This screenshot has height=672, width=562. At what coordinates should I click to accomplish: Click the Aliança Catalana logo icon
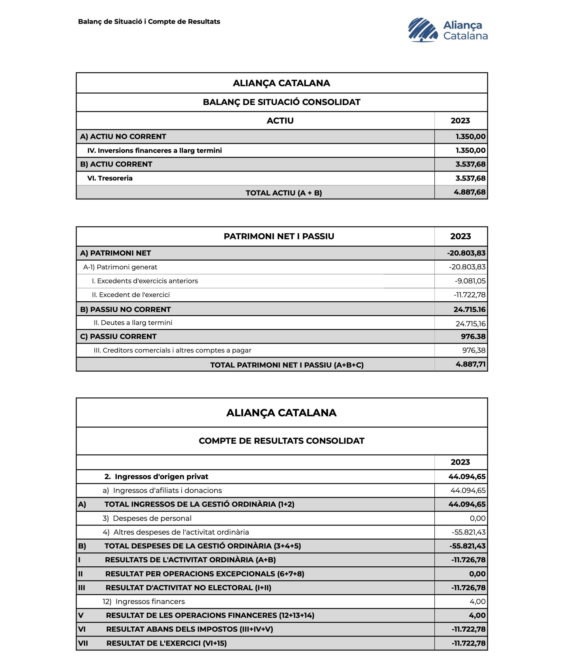coord(423,30)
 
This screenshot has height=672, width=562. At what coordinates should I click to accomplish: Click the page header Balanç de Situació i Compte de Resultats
coord(149,22)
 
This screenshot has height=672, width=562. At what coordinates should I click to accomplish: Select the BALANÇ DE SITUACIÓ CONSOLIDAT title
coord(281,102)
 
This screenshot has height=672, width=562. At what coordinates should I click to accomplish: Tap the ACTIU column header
coord(280,121)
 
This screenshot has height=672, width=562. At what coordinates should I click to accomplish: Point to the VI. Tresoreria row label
coord(110,178)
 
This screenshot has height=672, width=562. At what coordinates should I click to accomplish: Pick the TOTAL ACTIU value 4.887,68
coord(469,192)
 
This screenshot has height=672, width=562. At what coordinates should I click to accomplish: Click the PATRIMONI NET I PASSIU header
coord(279,236)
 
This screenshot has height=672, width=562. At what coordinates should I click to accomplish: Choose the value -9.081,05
coord(470,281)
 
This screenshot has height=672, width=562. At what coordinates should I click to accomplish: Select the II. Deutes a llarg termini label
coord(133,322)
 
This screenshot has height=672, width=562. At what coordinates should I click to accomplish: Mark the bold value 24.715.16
coord(469,309)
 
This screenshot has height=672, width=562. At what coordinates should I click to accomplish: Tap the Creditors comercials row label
coord(172,350)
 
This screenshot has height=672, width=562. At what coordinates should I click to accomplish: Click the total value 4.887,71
coord(470,364)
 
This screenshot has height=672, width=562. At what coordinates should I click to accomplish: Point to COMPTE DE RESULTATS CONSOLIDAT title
coord(281,441)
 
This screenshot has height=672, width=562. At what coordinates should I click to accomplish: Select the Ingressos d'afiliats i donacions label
coord(167,491)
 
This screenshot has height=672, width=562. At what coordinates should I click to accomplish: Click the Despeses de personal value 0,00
coord(477,519)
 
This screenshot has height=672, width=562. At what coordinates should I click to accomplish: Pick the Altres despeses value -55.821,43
coord(468,532)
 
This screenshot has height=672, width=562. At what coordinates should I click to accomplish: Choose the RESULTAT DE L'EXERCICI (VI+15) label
coord(167,643)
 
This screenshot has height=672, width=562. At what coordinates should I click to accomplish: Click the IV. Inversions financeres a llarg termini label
coord(154,150)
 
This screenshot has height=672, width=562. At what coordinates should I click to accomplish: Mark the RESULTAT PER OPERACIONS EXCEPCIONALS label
coord(204,574)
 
